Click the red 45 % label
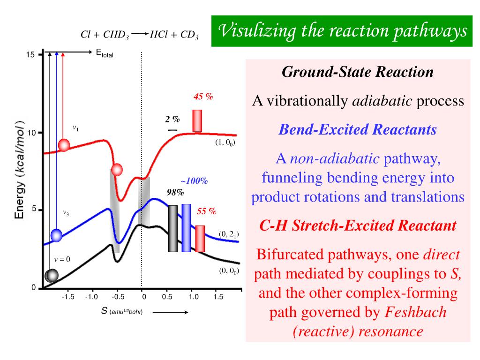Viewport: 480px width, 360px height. (x=203, y=97)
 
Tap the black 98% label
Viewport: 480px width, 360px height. (x=175, y=192)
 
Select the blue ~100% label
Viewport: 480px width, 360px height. (x=194, y=181)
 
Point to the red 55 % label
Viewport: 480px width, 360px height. (x=206, y=211)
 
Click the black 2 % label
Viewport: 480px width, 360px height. (x=172, y=120)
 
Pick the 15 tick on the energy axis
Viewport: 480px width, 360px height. (x=30, y=55)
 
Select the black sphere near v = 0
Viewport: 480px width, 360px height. (x=51, y=276)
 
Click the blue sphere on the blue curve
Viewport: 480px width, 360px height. (x=56, y=235)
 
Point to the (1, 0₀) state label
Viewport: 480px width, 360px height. (x=225, y=143)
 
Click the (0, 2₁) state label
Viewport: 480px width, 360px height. (x=228, y=234)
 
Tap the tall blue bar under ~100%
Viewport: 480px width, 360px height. (x=186, y=228)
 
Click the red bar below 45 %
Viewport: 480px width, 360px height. (x=197, y=120)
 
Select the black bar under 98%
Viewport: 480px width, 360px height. (x=173, y=228)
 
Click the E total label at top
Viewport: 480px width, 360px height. (x=105, y=53)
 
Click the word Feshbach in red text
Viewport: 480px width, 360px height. (x=415, y=312)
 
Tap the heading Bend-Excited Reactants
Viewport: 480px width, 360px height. (x=358, y=130)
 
